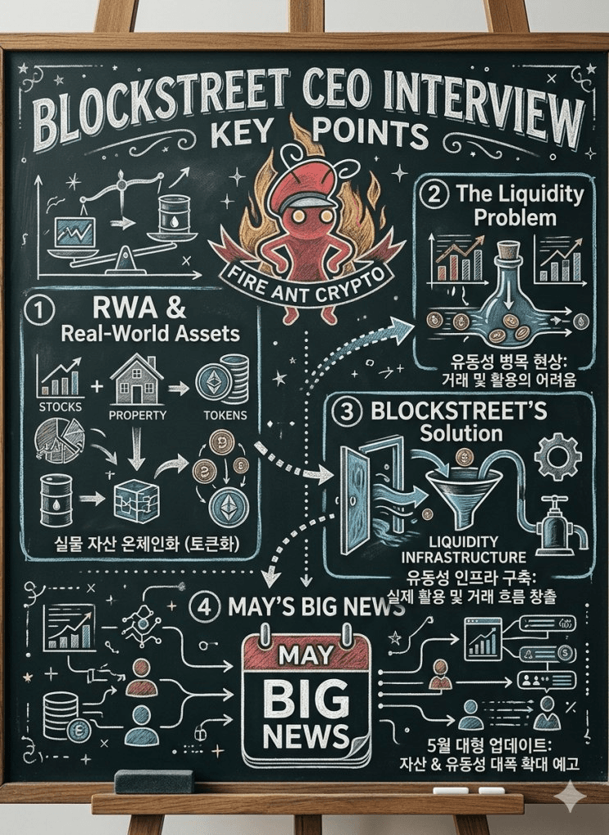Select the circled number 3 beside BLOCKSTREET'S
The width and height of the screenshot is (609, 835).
pos(347,413)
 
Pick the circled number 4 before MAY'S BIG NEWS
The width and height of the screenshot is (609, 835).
pos(205,607)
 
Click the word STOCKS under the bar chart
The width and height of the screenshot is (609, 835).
pos(60,407)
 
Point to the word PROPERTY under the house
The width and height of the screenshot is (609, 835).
pos(138,415)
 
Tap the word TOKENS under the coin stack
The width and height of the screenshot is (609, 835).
pos(225,415)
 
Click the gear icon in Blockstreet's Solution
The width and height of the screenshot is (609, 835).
pos(557,456)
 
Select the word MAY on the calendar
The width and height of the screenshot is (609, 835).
pos(306,655)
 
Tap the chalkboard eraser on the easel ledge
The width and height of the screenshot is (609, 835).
pos(153,780)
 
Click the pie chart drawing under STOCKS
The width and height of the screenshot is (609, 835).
pos(59,440)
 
